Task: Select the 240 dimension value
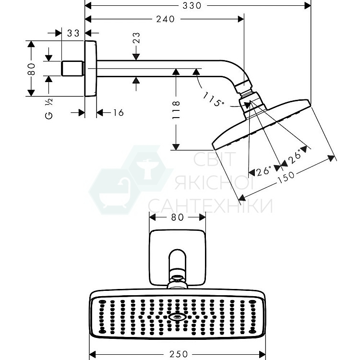tap(165, 19)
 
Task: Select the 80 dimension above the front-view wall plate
tap(178, 217)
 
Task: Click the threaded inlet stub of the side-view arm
tap(73, 68)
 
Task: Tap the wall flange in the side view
tap(91, 69)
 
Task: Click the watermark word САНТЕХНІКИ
tap(210, 205)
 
